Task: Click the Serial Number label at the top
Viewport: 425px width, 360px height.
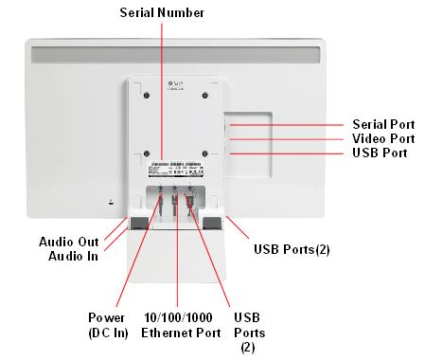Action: [x=162, y=12]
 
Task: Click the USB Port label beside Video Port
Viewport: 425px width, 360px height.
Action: [x=381, y=153]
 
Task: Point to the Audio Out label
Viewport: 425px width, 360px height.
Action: [x=68, y=242]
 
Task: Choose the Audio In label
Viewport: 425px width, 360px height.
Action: [x=73, y=256]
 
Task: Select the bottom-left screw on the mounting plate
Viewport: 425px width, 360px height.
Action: [x=146, y=153]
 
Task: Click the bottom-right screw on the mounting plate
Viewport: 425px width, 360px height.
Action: [x=204, y=153]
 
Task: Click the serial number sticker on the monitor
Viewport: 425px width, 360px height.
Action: [x=175, y=170]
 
